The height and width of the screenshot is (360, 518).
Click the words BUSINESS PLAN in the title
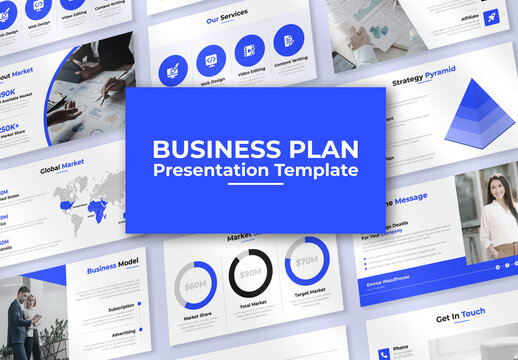click(255, 149)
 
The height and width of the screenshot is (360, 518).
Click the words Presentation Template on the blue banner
click(255, 170)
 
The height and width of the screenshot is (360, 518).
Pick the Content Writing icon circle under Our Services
click(288, 41)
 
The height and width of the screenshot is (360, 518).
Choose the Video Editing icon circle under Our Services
click(250, 50)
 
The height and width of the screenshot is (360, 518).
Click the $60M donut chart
click(196, 284)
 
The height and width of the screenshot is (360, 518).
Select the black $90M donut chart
click(250, 273)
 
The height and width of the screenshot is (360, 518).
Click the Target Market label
click(310, 291)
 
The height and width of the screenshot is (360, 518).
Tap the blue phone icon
click(384, 353)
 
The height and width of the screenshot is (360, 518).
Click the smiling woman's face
click(497, 187)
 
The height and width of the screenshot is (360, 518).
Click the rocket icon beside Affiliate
click(490, 17)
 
